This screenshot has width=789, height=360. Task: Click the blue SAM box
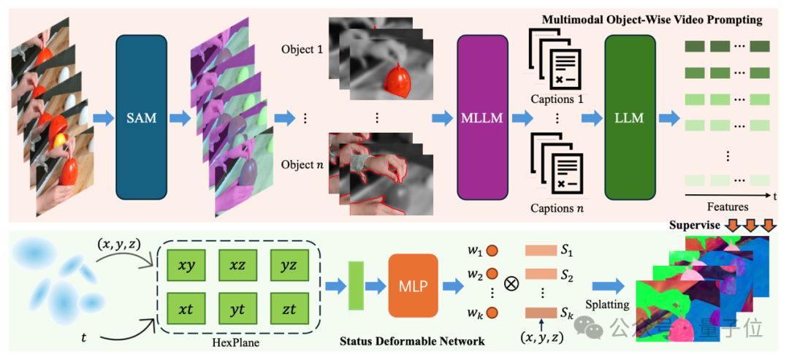click(142, 118)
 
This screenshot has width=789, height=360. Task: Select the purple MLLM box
click(482, 118)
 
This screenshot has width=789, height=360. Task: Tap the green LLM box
click(629, 118)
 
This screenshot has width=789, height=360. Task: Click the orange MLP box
click(413, 286)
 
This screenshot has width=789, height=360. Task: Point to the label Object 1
click(300, 51)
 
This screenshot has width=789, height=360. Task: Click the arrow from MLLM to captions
click(522, 118)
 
